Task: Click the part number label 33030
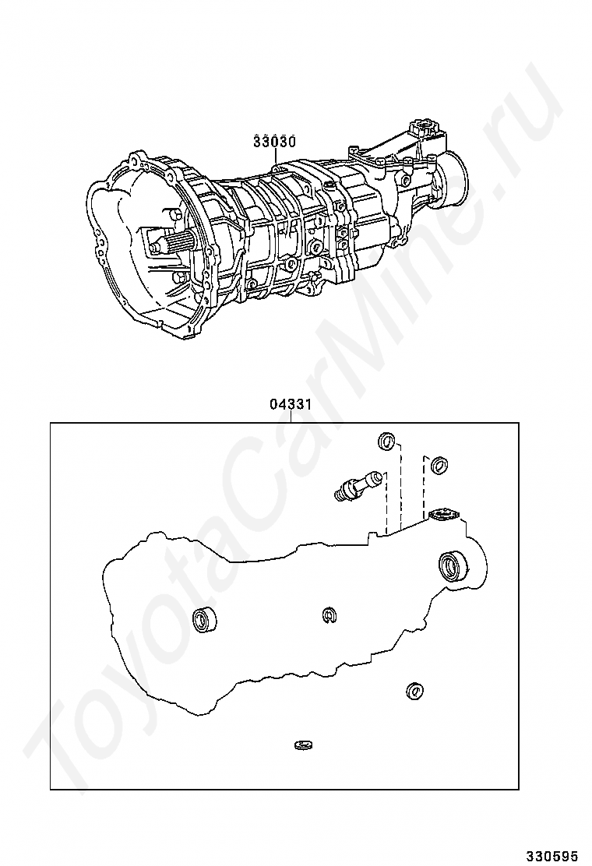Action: [x=274, y=142]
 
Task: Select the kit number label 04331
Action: [x=291, y=405]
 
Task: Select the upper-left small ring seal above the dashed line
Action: [x=386, y=442]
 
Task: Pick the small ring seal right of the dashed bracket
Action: [x=439, y=465]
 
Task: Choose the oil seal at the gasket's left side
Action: [x=204, y=620]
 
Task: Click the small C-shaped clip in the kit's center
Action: [x=329, y=616]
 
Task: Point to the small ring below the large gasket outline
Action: [x=414, y=690]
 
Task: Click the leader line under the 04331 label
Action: [x=291, y=417]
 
